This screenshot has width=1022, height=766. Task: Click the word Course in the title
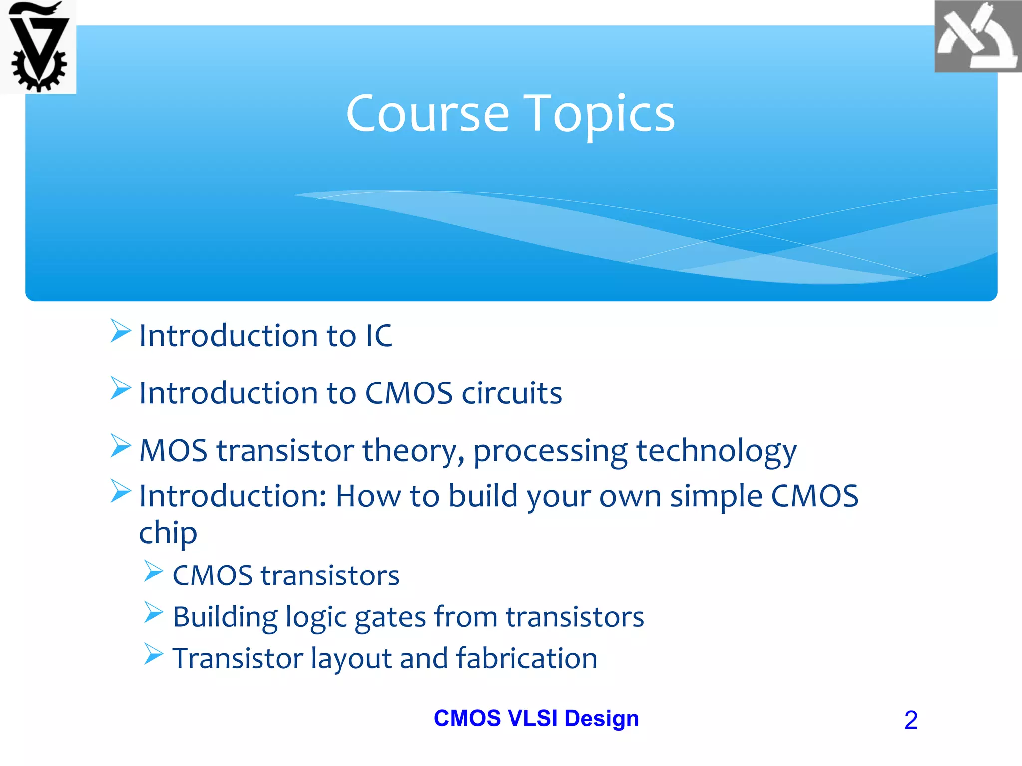tap(428, 114)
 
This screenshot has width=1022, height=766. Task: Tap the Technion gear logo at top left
tap(38, 47)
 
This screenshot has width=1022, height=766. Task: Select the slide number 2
tap(911, 720)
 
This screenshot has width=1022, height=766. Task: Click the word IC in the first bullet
tap(379, 336)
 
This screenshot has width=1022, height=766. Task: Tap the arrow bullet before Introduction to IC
tap(120, 331)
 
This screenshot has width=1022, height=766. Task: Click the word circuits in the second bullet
tap(512, 393)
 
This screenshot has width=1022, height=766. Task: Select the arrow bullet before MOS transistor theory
tap(120, 446)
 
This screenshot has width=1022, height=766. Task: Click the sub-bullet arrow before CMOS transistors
tap(154, 572)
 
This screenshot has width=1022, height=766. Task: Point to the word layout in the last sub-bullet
tap(351, 659)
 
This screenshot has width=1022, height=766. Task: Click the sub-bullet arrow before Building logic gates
tap(154, 613)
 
